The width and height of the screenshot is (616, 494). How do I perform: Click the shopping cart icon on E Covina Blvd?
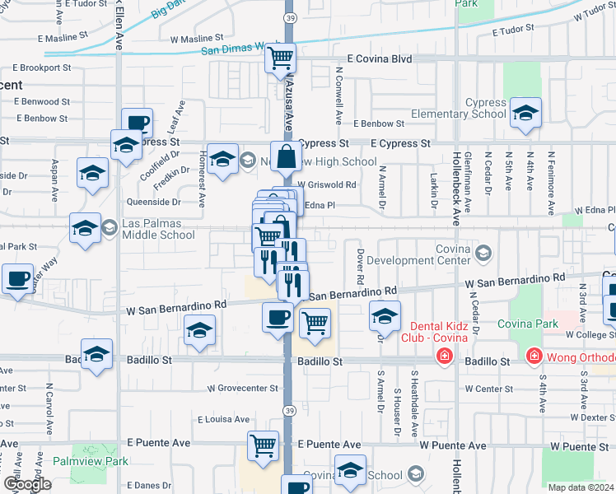(280, 58)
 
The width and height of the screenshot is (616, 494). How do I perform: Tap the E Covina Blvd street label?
(379, 59)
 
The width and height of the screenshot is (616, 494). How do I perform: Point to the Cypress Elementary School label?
(474, 109)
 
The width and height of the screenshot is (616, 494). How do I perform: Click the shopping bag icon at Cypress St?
(286, 156)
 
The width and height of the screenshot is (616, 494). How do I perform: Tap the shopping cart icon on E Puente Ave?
(263, 445)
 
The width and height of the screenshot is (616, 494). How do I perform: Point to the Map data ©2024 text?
(581, 487)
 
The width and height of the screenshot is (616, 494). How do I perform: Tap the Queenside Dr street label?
(153, 202)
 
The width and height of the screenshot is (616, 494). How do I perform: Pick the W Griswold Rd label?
(327, 185)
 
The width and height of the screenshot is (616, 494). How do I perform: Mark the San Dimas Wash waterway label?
(232, 49)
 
